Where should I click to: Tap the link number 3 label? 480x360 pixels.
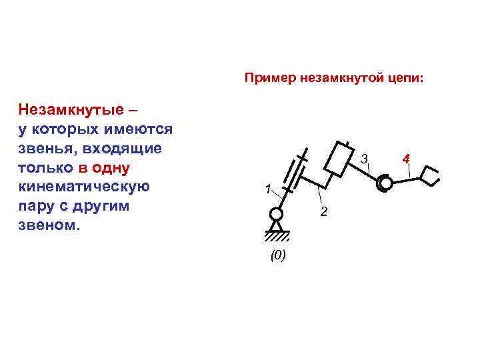[363, 159]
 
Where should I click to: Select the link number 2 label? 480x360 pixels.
[323, 212]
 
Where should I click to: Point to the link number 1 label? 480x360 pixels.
[265, 188]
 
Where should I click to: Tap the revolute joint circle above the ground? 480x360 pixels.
[275, 215]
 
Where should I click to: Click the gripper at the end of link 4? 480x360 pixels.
[430, 175]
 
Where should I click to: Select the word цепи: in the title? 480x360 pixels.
[405, 79]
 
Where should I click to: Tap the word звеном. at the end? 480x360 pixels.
[49, 225]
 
